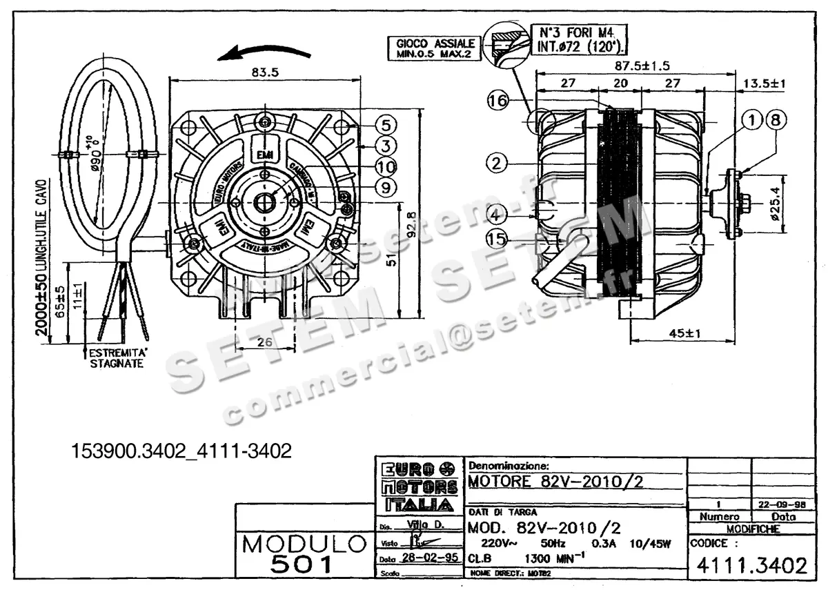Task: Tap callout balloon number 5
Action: click(386, 125)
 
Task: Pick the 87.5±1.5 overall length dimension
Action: click(640, 66)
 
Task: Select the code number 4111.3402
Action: click(751, 566)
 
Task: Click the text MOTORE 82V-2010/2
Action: click(555, 481)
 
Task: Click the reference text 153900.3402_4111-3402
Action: click(182, 451)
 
